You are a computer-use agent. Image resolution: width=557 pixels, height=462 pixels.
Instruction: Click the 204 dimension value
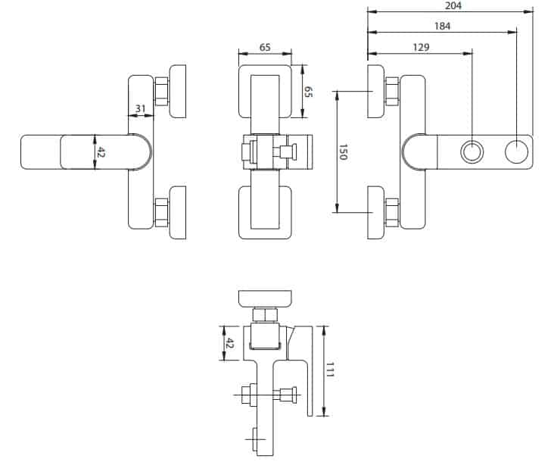click(453, 5)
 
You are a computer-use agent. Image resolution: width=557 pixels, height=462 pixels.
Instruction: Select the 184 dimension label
click(443, 27)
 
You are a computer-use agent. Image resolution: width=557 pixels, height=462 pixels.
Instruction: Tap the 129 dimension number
click(422, 47)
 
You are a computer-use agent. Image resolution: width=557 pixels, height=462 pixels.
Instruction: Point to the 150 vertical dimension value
click(343, 151)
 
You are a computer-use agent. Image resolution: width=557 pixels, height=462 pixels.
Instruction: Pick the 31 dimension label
click(140, 109)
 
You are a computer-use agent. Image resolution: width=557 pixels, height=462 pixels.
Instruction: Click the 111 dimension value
click(331, 371)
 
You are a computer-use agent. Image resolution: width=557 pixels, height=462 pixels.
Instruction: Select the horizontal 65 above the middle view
click(265, 47)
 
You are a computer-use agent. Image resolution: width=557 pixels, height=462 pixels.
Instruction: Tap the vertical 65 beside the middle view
click(308, 92)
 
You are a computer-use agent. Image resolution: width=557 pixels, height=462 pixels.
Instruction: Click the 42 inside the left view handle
click(101, 152)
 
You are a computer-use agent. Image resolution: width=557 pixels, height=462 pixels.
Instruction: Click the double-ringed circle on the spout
click(472, 152)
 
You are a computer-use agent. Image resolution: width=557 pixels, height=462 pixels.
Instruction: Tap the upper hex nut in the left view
click(162, 92)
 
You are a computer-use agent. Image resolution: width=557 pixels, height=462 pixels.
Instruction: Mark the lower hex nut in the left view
click(162, 211)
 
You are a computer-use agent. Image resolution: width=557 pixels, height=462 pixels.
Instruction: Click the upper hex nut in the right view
click(392, 92)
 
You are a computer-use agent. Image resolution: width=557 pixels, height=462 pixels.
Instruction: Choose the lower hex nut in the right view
click(392, 211)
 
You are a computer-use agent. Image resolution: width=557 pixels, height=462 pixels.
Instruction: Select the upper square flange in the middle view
click(265, 92)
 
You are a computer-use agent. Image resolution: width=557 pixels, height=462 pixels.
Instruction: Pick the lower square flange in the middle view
click(265, 212)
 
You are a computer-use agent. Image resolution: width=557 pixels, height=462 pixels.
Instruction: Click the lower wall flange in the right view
click(376, 212)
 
